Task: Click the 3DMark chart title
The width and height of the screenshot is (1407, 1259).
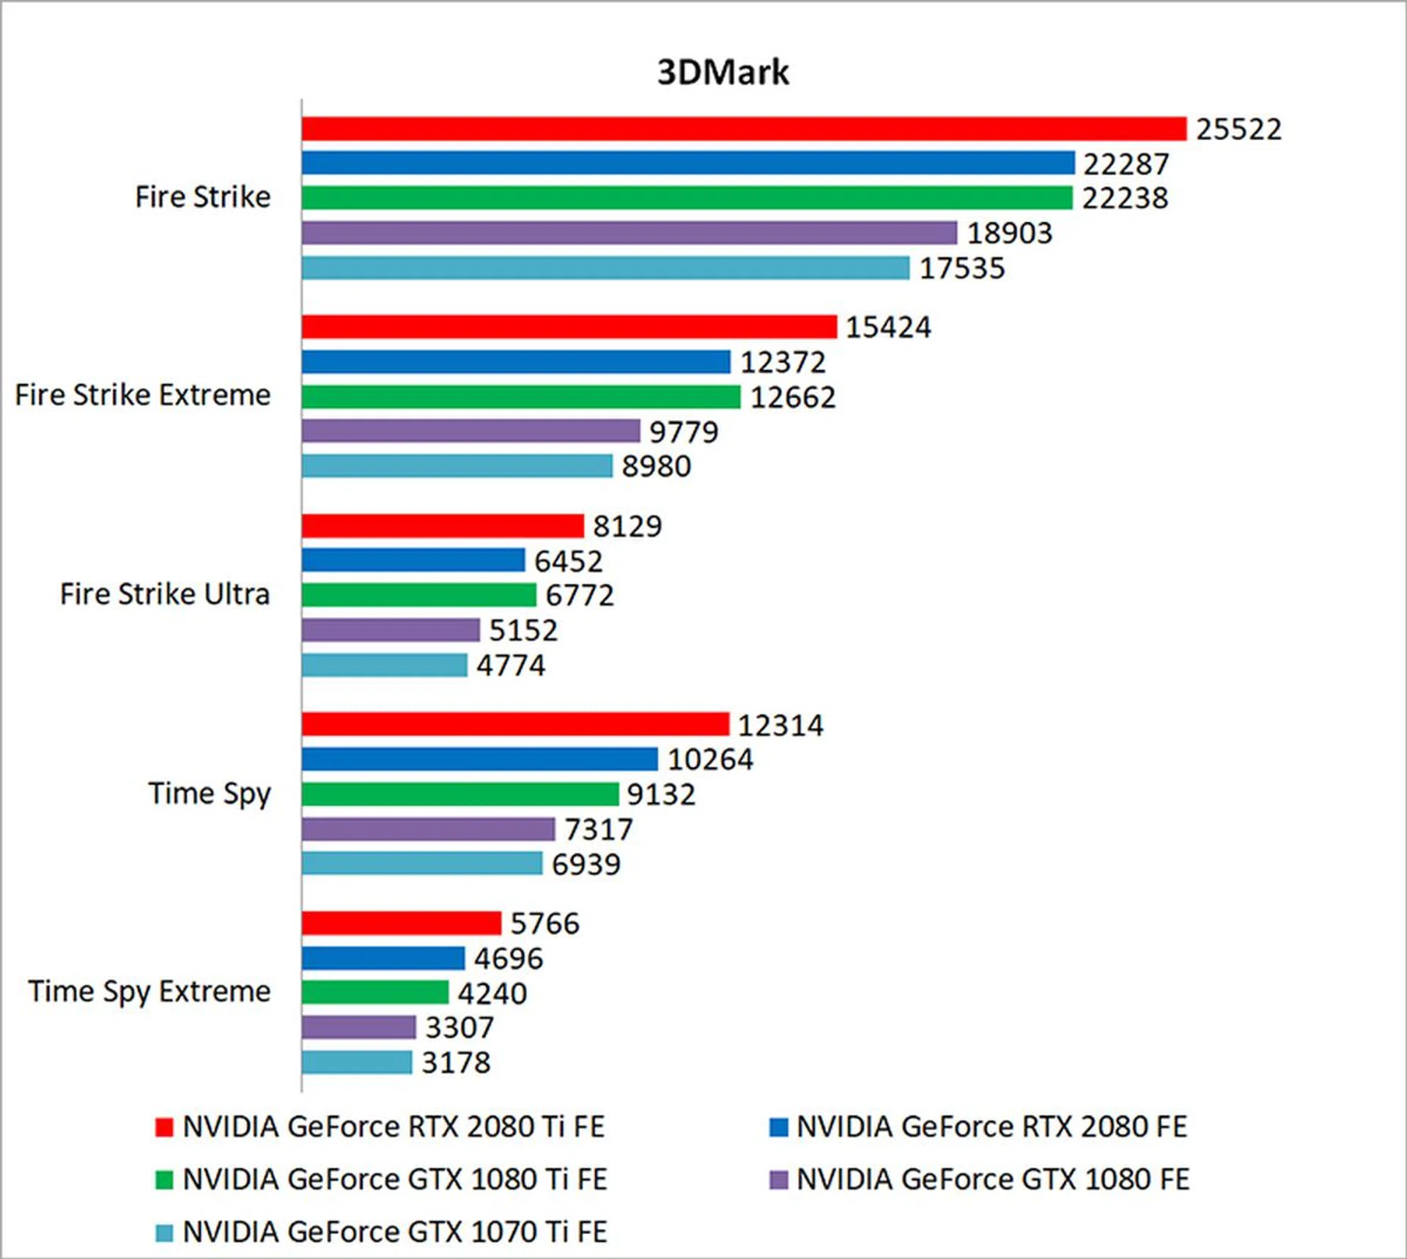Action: (723, 73)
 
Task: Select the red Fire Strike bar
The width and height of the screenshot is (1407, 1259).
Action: (743, 129)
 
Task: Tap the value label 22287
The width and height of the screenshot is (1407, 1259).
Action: (1126, 164)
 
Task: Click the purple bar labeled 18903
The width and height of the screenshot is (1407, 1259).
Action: (629, 233)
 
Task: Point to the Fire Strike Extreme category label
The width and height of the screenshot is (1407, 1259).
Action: (143, 395)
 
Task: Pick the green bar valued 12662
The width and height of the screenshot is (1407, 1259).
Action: (520, 397)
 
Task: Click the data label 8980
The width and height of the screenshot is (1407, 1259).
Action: (656, 466)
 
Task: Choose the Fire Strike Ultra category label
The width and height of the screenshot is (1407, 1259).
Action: (165, 594)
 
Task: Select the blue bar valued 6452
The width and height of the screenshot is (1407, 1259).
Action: (413, 561)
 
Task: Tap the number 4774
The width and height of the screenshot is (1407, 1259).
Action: (511, 665)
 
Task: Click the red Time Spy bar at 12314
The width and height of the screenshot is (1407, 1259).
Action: (515, 724)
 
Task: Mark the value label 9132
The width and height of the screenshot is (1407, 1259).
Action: (660, 794)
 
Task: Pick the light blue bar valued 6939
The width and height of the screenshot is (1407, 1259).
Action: (421, 863)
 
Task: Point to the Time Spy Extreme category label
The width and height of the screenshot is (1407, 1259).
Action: (149, 992)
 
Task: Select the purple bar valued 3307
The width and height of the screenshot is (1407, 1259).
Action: (358, 1027)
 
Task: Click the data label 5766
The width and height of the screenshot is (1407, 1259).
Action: (544, 923)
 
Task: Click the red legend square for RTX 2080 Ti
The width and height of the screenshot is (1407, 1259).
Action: (164, 1127)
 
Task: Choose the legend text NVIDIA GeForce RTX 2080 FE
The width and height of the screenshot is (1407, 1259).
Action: (991, 1127)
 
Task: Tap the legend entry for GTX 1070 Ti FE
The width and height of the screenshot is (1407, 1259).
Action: (394, 1232)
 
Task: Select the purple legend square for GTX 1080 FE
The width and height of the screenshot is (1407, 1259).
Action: (778, 1180)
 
